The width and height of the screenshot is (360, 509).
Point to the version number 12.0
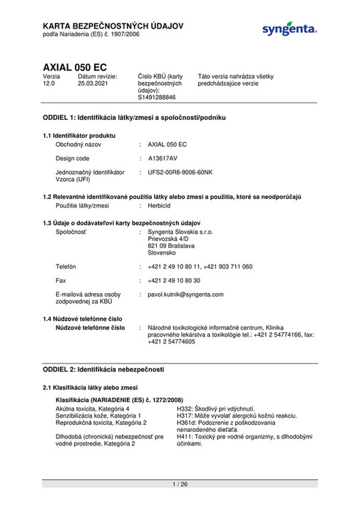pos(49,83)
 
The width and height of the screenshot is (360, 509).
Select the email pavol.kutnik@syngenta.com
pos(185,294)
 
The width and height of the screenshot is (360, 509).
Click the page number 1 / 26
pos(180,485)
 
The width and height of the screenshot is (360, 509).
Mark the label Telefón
pos(66,267)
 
